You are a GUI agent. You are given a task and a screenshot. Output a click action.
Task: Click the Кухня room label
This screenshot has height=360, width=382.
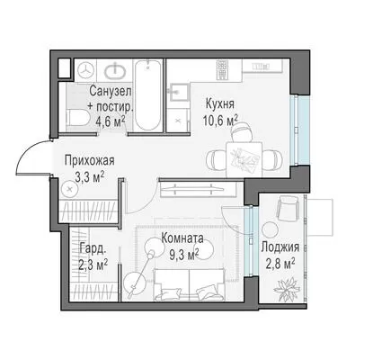(x=220, y=103)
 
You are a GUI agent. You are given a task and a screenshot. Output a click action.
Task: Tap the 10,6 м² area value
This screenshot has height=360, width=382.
(x=220, y=121)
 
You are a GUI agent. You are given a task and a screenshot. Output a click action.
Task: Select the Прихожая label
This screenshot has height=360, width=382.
(x=90, y=160)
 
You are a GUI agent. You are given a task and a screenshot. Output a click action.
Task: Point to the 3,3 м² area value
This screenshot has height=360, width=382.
(x=90, y=177)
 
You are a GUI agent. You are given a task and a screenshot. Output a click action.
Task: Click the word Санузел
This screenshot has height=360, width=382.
(x=111, y=91)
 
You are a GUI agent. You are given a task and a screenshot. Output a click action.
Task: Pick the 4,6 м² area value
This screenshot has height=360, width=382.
(x=110, y=121)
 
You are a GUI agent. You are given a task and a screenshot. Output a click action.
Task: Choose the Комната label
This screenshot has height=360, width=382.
(x=182, y=238)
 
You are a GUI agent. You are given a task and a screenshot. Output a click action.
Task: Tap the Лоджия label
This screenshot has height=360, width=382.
(x=280, y=247)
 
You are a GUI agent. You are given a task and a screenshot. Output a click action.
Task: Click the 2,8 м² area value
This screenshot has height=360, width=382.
(x=280, y=264)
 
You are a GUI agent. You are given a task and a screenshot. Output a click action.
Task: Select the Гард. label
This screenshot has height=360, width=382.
(x=93, y=248)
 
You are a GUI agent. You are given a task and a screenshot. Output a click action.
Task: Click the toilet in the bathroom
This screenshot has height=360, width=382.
(x=77, y=117)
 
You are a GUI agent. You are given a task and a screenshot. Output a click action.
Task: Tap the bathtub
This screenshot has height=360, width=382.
(x=147, y=95)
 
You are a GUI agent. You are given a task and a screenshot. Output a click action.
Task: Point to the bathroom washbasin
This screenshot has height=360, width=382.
(x=114, y=71)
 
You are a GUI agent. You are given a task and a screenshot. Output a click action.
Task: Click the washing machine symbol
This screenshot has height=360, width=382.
(x=86, y=70)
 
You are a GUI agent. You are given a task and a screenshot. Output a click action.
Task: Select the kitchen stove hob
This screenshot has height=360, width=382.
(x=223, y=69)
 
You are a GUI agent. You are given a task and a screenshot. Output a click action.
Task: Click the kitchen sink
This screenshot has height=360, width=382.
(x=180, y=92)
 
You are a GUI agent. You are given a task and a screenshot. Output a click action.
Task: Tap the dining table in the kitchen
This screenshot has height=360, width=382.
(x=244, y=159)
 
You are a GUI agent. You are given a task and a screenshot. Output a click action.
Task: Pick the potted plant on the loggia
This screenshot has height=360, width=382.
(x=286, y=289)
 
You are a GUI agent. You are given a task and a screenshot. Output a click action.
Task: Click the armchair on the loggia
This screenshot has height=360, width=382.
(x=288, y=208)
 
